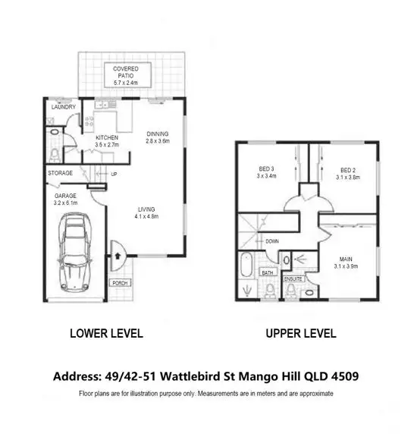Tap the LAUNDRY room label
pos(63,107)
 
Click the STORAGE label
pos(60,173)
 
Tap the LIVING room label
pos(146,210)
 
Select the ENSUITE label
pos(293,278)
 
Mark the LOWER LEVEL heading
pos(106,333)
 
